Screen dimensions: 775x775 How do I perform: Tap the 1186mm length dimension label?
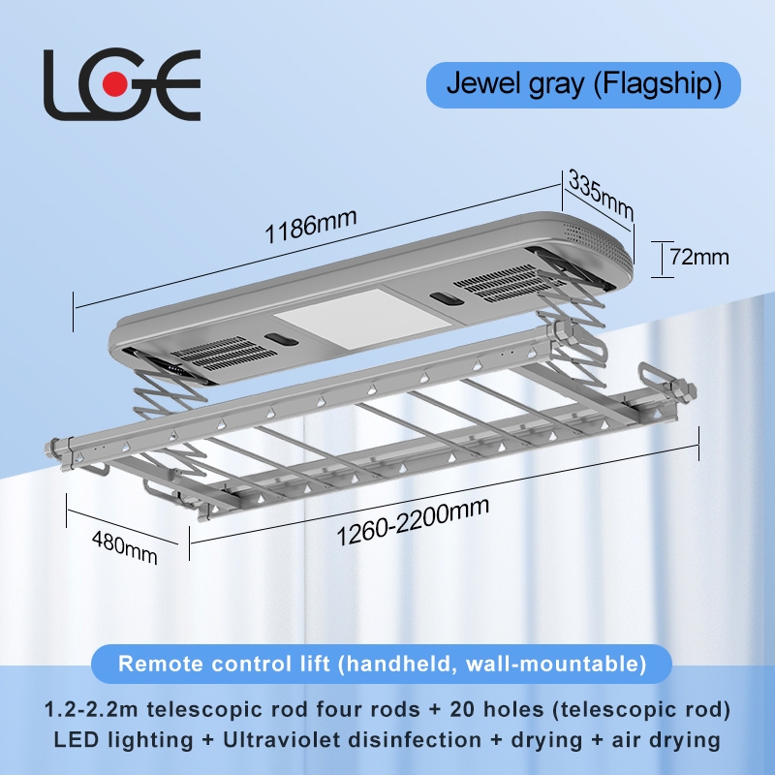coord(313,225)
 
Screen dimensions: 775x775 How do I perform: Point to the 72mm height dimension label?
coord(698,258)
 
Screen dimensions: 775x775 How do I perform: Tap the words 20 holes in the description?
coord(524,709)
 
